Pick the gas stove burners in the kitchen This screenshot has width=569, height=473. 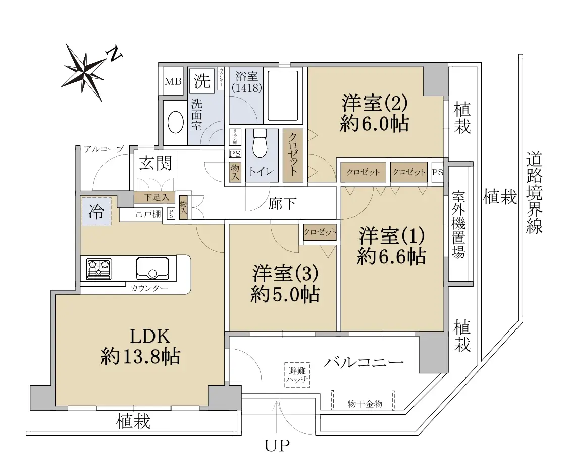click(x=98, y=269)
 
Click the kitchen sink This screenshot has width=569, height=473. click(x=152, y=268)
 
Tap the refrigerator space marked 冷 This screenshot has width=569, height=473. click(x=96, y=211)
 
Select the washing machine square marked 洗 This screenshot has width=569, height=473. click(x=202, y=80)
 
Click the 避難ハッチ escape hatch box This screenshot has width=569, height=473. click(x=297, y=375)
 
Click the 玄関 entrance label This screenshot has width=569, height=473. click(x=156, y=163)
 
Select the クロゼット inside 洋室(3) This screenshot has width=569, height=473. click(x=320, y=232)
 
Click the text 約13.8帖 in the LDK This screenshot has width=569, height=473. click(x=140, y=357)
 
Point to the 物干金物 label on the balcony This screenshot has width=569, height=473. click(x=365, y=404)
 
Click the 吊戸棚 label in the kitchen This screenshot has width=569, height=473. click(x=148, y=214)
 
